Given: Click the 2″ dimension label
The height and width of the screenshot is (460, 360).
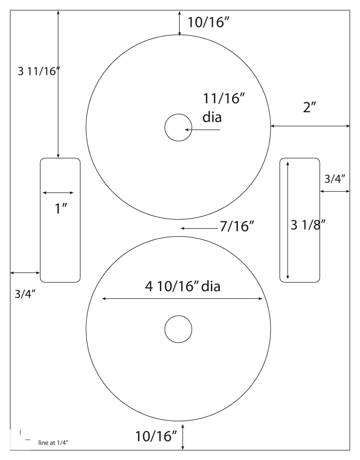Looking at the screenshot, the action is pyautogui.click(x=309, y=107).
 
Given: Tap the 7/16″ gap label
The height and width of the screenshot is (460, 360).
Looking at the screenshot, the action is pyautogui.click(x=237, y=226).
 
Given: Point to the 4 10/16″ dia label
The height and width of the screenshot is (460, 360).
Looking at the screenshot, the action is pyautogui.click(x=182, y=286).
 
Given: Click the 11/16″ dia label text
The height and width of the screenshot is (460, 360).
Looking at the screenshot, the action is pyautogui.click(x=224, y=108).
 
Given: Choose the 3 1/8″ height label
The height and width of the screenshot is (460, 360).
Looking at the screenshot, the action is pyautogui.click(x=308, y=225).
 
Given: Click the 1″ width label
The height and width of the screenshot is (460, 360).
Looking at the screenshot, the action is pyautogui.click(x=61, y=209).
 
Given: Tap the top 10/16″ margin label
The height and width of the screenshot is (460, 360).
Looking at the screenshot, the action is pyautogui.click(x=208, y=22).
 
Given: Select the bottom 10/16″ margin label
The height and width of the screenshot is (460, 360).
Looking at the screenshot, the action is pyautogui.click(x=156, y=436).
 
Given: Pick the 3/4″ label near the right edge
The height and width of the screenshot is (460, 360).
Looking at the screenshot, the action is pyautogui.click(x=335, y=179).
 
